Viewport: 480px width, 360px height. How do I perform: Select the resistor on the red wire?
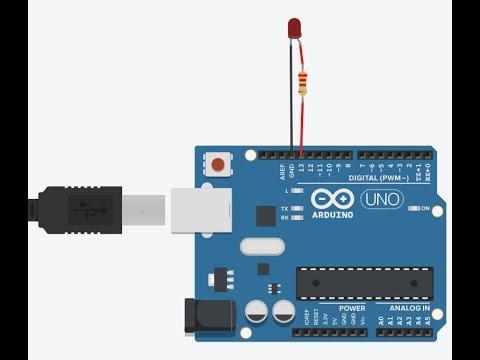pos(302,82)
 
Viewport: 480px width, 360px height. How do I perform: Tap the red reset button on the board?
pos(218,162)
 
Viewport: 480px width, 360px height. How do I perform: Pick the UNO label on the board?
pos(378,200)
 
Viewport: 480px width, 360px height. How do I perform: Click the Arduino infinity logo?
pos(329,198)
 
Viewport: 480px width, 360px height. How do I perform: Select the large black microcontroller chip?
pos(364,283)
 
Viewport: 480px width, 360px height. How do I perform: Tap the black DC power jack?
pos(209,315)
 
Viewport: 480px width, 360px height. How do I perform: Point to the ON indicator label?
pos(438,208)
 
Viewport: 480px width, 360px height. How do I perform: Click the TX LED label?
pos(285,207)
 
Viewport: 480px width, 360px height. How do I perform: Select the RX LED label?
pos(285,217)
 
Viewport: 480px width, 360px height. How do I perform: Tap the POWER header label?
pos(351,308)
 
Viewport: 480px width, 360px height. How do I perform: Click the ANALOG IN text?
pos(411,308)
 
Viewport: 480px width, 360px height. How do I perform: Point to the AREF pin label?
pos(282,171)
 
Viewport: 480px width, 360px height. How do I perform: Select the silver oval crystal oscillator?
pos(262,245)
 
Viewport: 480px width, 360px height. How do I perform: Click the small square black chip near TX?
pos(265,215)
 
